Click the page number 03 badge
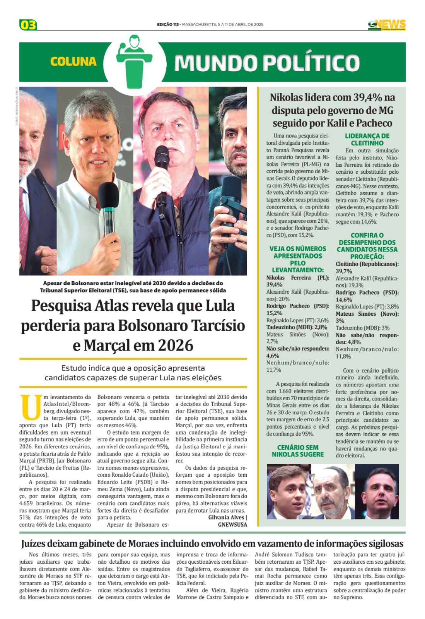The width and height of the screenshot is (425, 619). [28, 25]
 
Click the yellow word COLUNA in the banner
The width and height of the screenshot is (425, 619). [73, 62]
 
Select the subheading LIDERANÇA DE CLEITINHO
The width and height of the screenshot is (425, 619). [367, 139]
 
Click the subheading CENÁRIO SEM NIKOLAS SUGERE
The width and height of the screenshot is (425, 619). [297, 451]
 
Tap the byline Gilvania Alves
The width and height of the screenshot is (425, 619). [226, 517]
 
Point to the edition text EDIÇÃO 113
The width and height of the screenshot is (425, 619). [168, 24]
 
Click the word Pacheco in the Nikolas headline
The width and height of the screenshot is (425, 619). [372, 123]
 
